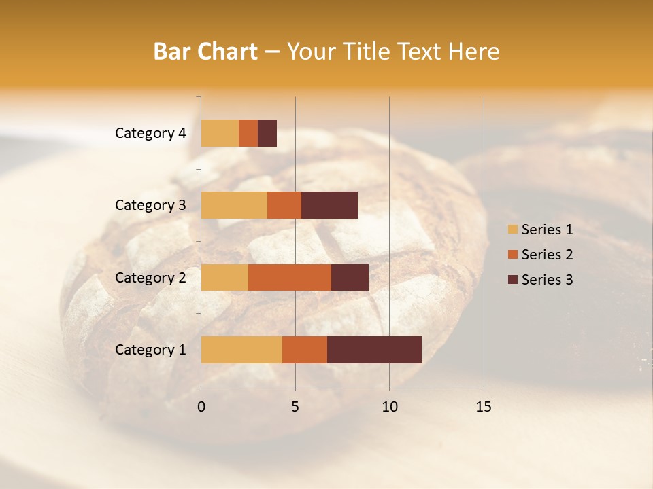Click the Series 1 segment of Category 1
[x=241, y=350]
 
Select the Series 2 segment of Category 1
[x=305, y=350]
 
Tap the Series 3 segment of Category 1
[x=374, y=350]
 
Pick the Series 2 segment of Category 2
[x=290, y=277]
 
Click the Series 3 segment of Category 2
[x=350, y=277]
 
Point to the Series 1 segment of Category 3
[x=234, y=205]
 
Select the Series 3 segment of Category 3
[x=329, y=205]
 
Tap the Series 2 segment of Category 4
[x=248, y=133]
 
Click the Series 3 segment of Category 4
[x=267, y=133]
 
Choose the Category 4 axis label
[x=150, y=133]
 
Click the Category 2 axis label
[x=150, y=277]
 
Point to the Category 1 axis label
[x=150, y=350]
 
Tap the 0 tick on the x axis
[x=201, y=407]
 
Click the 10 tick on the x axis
[x=389, y=407]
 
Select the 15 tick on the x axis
[x=484, y=407]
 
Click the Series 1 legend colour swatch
[x=512, y=230]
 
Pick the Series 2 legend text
[x=547, y=255]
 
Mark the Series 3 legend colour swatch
[x=512, y=280]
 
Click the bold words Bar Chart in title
[x=205, y=52]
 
